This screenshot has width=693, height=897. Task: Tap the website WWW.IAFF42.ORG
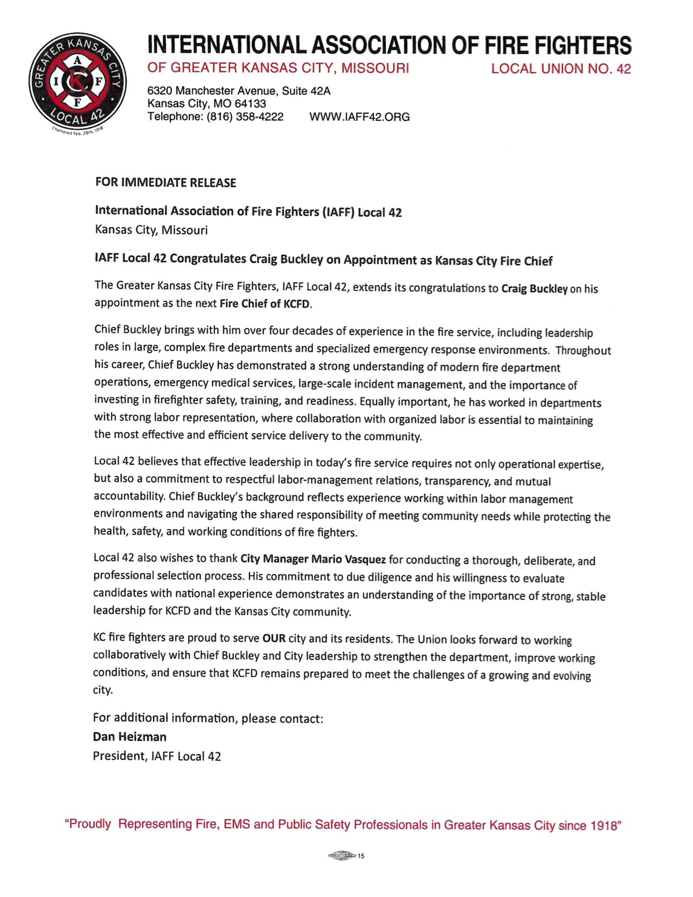[359, 117]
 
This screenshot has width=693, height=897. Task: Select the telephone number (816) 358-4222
[245, 117]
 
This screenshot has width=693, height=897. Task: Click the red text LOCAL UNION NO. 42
[561, 69]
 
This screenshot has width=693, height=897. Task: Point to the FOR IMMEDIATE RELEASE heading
[166, 182]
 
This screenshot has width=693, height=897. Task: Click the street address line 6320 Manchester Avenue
[239, 91]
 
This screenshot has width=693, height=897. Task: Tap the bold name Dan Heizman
[129, 736]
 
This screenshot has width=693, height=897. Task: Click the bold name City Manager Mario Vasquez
[313, 559]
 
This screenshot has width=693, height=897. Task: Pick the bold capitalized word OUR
[274, 638]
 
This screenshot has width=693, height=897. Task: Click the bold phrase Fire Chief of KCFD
[265, 303]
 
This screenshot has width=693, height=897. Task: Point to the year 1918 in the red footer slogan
[605, 825]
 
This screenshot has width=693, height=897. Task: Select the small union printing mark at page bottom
[343, 855]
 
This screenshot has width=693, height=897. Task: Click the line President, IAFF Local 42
[156, 756]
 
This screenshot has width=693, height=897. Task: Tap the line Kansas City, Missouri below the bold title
[151, 230]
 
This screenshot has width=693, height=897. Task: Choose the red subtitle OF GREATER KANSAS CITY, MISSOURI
[278, 68]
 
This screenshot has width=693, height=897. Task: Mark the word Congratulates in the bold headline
[208, 259]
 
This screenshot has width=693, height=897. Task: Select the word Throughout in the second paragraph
[583, 350]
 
